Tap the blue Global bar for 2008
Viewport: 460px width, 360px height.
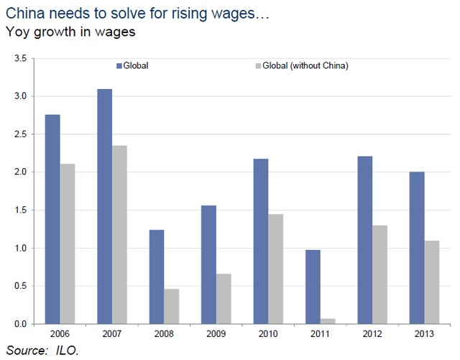coord(157,277)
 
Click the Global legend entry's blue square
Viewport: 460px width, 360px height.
coord(119,66)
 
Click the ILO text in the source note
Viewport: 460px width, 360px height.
coord(69,350)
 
